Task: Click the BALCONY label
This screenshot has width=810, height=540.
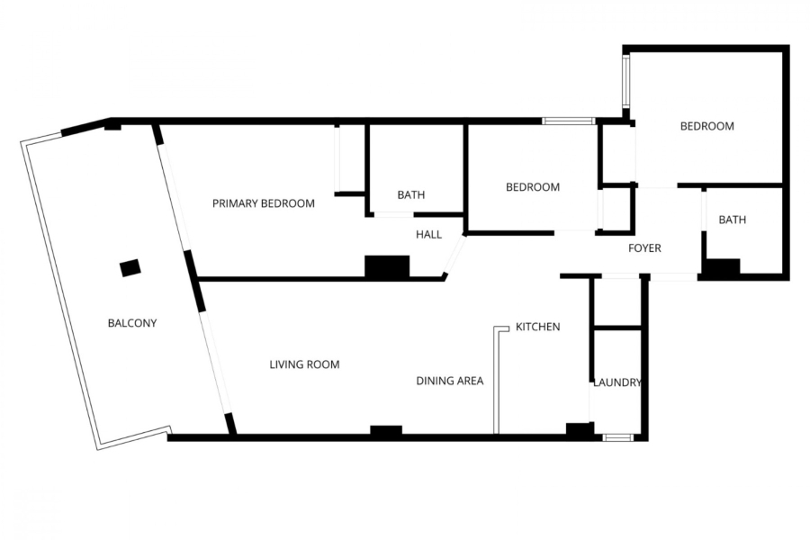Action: pyautogui.click(x=132, y=323)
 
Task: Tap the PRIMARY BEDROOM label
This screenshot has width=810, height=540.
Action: pyautogui.click(x=264, y=203)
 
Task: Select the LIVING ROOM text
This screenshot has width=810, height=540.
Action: pyautogui.click(x=304, y=364)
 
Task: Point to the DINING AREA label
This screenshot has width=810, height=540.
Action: pyautogui.click(x=449, y=381)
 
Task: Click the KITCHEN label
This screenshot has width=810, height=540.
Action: pyautogui.click(x=538, y=327)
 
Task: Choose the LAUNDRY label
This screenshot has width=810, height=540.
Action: pyautogui.click(x=616, y=382)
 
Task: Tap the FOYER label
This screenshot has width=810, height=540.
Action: pyautogui.click(x=644, y=247)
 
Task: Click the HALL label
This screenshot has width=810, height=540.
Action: pyautogui.click(x=428, y=235)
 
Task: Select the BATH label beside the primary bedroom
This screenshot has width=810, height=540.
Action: pyautogui.click(x=411, y=194)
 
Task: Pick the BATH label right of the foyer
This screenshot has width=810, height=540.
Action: pyautogui.click(x=732, y=220)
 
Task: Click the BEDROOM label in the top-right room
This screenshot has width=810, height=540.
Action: pyautogui.click(x=706, y=126)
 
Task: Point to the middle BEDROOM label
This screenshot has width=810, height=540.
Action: pyautogui.click(x=532, y=187)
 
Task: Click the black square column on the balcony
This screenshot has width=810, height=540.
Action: pyautogui.click(x=130, y=267)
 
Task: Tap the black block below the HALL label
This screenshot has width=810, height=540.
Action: pyautogui.click(x=387, y=266)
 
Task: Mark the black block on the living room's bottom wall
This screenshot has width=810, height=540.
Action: pyautogui.click(x=386, y=432)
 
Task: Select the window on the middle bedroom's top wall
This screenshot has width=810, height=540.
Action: pyautogui.click(x=568, y=121)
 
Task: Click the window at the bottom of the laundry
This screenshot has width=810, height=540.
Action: pyautogui.click(x=617, y=437)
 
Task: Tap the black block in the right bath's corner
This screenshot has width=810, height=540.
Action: pyautogui.click(x=721, y=268)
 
